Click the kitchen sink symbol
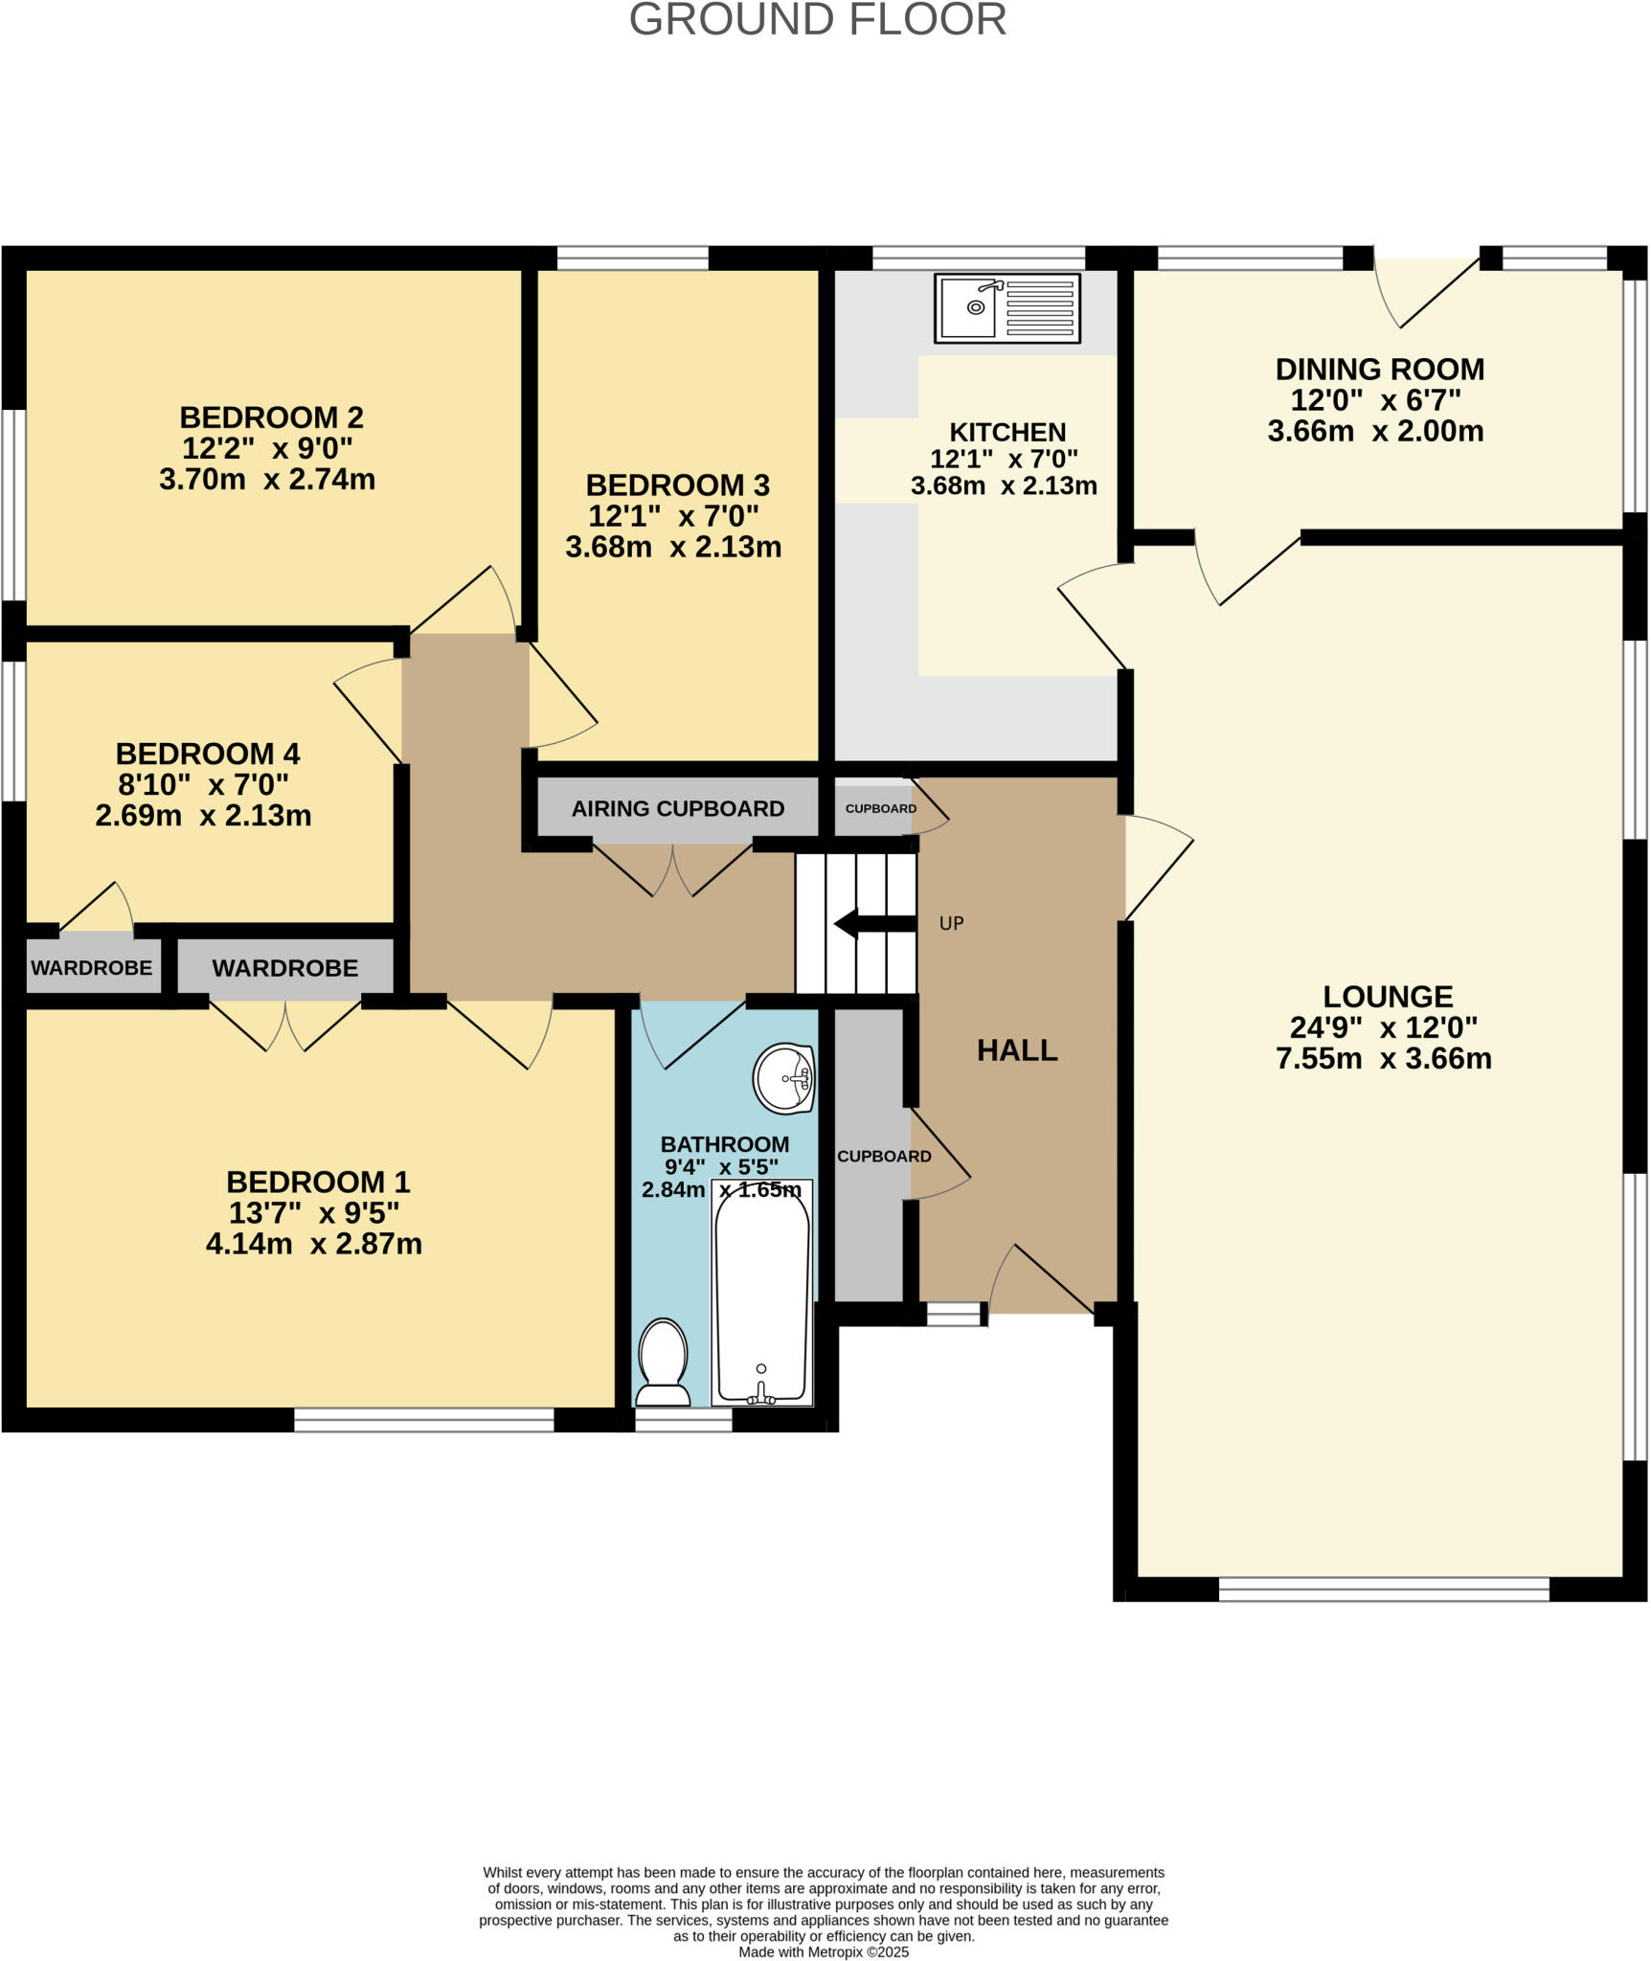point(1006,307)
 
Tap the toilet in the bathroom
point(664,1364)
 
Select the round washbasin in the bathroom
point(784,1078)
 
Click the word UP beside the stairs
point(951,924)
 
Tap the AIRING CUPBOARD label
point(678,809)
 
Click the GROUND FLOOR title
point(817,20)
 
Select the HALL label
point(1017,1050)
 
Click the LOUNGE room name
point(1388,997)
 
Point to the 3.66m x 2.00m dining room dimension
point(1375,431)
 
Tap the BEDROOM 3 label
point(677,485)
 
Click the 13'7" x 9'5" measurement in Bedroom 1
point(313,1213)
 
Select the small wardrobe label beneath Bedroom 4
point(91,968)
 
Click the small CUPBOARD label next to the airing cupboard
point(880,809)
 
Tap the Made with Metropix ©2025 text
point(824,1951)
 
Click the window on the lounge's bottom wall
point(1383,1589)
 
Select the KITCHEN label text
point(1006,432)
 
